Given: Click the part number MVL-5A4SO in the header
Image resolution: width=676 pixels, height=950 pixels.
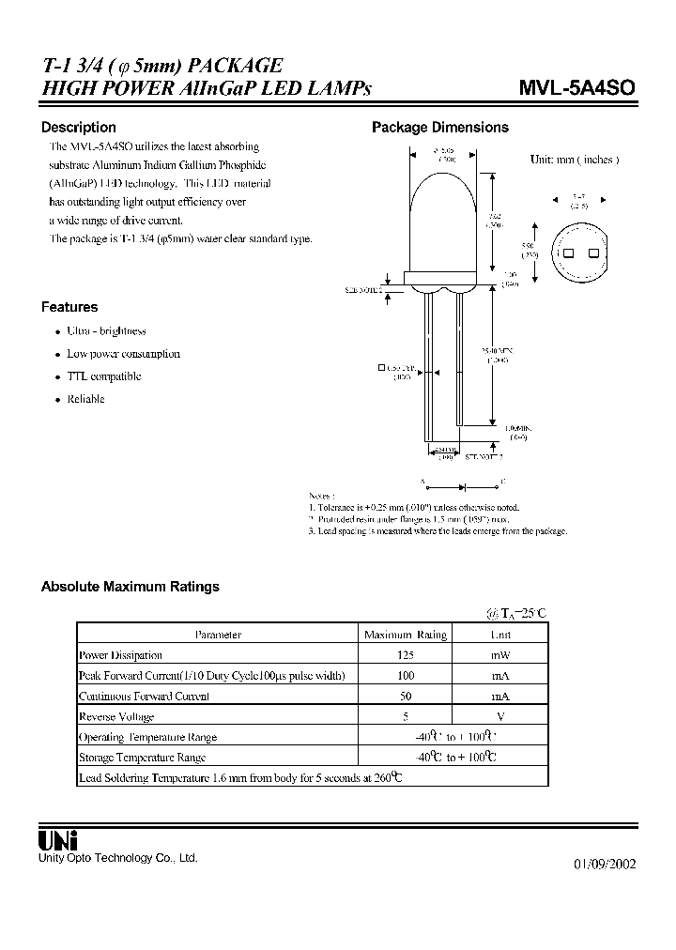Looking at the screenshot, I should [x=576, y=88].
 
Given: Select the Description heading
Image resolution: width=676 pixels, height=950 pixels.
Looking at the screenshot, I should [x=79, y=128].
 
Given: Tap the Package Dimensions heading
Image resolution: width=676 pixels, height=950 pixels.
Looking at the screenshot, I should [x=440, y=128].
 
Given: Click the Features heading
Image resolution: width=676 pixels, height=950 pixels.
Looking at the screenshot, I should [x=69, y=307].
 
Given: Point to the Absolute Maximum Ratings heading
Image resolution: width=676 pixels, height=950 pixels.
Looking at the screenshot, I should [x=130, y=587].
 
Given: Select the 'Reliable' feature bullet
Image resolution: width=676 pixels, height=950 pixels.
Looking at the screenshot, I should [x=85, y=399].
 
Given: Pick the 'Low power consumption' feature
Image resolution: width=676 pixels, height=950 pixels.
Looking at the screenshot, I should [x=123, y=354].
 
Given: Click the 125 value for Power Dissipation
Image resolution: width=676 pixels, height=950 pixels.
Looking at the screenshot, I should [x=405, y=655].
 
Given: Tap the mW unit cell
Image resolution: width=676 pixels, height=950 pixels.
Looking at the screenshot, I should [x=500, y=655].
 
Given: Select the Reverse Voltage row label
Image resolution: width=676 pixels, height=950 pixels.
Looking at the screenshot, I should [x=117, y=717].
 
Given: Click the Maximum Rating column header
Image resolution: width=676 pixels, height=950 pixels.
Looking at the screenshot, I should [x=405, y=635].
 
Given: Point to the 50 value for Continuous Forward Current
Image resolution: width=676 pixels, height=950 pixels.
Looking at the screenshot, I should [x=405, y=697].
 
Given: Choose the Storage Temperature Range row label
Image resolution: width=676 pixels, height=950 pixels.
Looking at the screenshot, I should [x=142, y=758].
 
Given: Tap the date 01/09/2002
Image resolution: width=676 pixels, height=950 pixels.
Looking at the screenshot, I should [x=604, y=865].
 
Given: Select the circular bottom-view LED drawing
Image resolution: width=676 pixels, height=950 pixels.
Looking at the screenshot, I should [x=578, y=253].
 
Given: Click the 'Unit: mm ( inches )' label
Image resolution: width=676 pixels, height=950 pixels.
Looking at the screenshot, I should [x=574, y=160].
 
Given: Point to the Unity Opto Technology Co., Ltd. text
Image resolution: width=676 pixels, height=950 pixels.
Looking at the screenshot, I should [x=117, y=858].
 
